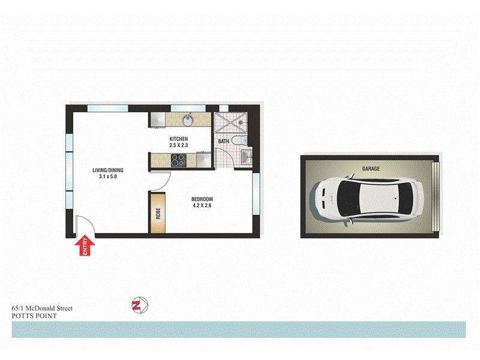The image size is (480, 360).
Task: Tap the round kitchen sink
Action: [188, 121]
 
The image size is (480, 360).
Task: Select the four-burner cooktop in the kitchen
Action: [179, 160]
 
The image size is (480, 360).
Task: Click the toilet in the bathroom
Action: [239, 140]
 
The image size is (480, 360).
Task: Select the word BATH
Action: [223, 142]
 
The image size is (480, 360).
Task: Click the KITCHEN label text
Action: [179, 139]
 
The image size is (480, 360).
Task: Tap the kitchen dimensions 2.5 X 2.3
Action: [179, 145]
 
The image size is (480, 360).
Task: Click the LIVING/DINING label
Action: [107, 170]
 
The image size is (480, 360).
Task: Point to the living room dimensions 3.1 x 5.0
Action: [107, 177]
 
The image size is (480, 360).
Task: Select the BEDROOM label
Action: [202, 199]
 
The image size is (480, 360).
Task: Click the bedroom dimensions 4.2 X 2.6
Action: [202, 206]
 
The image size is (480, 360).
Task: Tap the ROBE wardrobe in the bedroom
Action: [158, 212]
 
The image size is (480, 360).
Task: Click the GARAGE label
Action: [370, 169]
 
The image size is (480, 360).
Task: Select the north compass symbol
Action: [139, 305]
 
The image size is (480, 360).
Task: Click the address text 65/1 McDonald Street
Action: [42, 308]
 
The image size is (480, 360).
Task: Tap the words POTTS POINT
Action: [34, 315]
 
